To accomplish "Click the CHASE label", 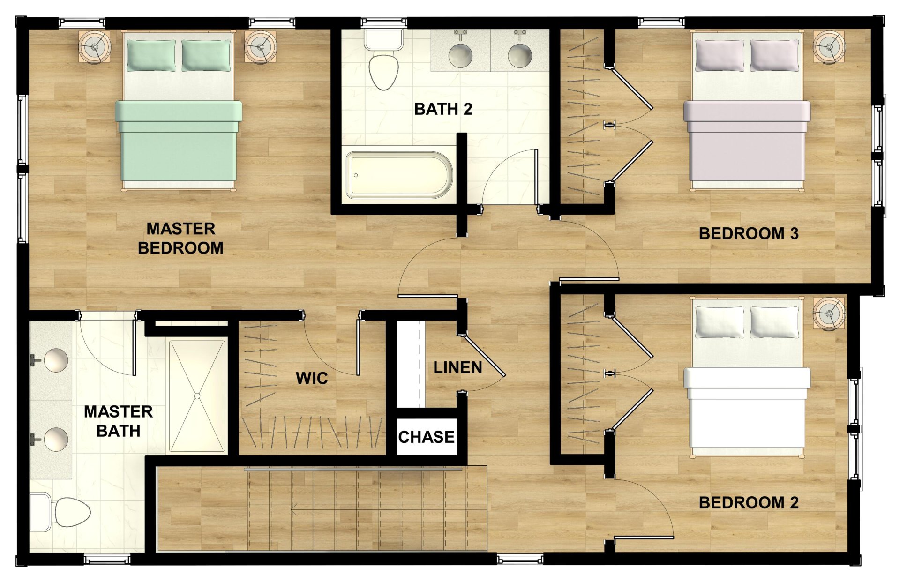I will (426, 437).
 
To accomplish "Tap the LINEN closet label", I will (457, 368).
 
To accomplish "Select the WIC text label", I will (312, 379).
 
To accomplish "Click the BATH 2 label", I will (443, 109).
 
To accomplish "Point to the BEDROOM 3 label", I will (749, 234).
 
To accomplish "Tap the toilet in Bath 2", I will (383, 63).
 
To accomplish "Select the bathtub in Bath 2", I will (399, 175).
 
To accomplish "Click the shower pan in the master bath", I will (197, 396).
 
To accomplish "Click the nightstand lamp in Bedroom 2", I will (829, 313).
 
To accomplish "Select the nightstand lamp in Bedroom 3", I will (829, 47).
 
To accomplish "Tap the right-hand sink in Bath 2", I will (520, 55).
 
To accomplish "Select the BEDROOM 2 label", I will (749, 503).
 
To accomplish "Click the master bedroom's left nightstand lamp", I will (95, 47).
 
